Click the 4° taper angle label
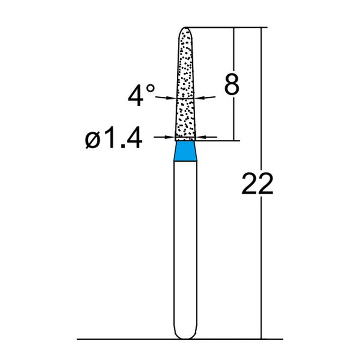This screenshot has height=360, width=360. click(140, 95)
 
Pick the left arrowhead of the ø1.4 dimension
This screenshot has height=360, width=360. click(171, 136)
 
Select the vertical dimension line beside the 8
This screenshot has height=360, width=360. click(234, 117)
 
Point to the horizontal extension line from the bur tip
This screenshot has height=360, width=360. click(225, 27)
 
